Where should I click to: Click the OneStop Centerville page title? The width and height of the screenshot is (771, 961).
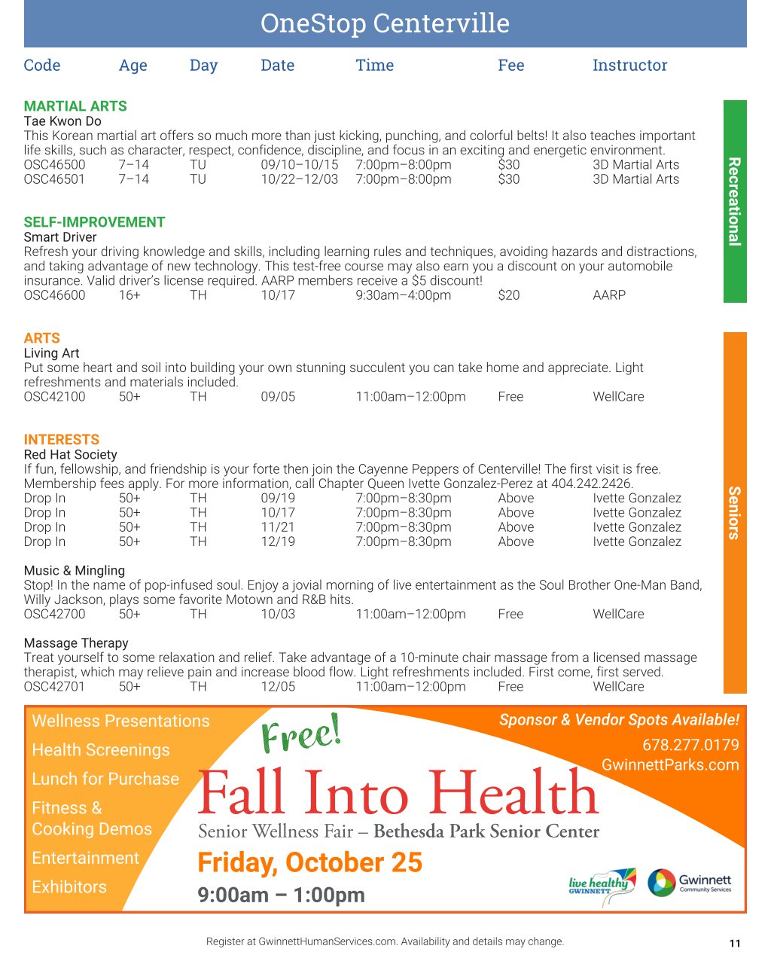click(385, 23)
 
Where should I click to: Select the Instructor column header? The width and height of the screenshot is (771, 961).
click(629, 66)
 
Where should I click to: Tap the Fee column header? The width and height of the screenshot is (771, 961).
click(510, 66)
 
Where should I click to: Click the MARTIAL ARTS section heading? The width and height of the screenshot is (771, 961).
click(75, 106)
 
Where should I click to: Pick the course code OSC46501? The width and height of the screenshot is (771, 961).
click(54, 179)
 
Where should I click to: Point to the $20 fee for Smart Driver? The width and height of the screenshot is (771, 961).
click(508, 295)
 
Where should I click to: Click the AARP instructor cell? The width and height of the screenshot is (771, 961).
click(608, 295)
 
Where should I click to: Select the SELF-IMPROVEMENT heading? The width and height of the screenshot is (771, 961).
click(94, 222)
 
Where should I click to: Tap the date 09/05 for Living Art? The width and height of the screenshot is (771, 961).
click(278, 397)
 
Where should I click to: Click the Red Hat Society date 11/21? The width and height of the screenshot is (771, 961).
click(278, 527)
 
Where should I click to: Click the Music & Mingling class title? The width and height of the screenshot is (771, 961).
click(75, 571)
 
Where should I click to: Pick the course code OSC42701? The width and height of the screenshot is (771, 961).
click(54, 687)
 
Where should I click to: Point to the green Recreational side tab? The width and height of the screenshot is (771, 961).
click(735, 201)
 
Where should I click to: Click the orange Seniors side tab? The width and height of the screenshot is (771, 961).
click(735, 512)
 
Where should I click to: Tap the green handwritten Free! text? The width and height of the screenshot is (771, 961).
click(301, 734)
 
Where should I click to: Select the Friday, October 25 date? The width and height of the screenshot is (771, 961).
click(309, 862)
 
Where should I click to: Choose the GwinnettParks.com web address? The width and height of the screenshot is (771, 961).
click(669, 765)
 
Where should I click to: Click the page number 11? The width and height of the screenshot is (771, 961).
click(735, 943)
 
